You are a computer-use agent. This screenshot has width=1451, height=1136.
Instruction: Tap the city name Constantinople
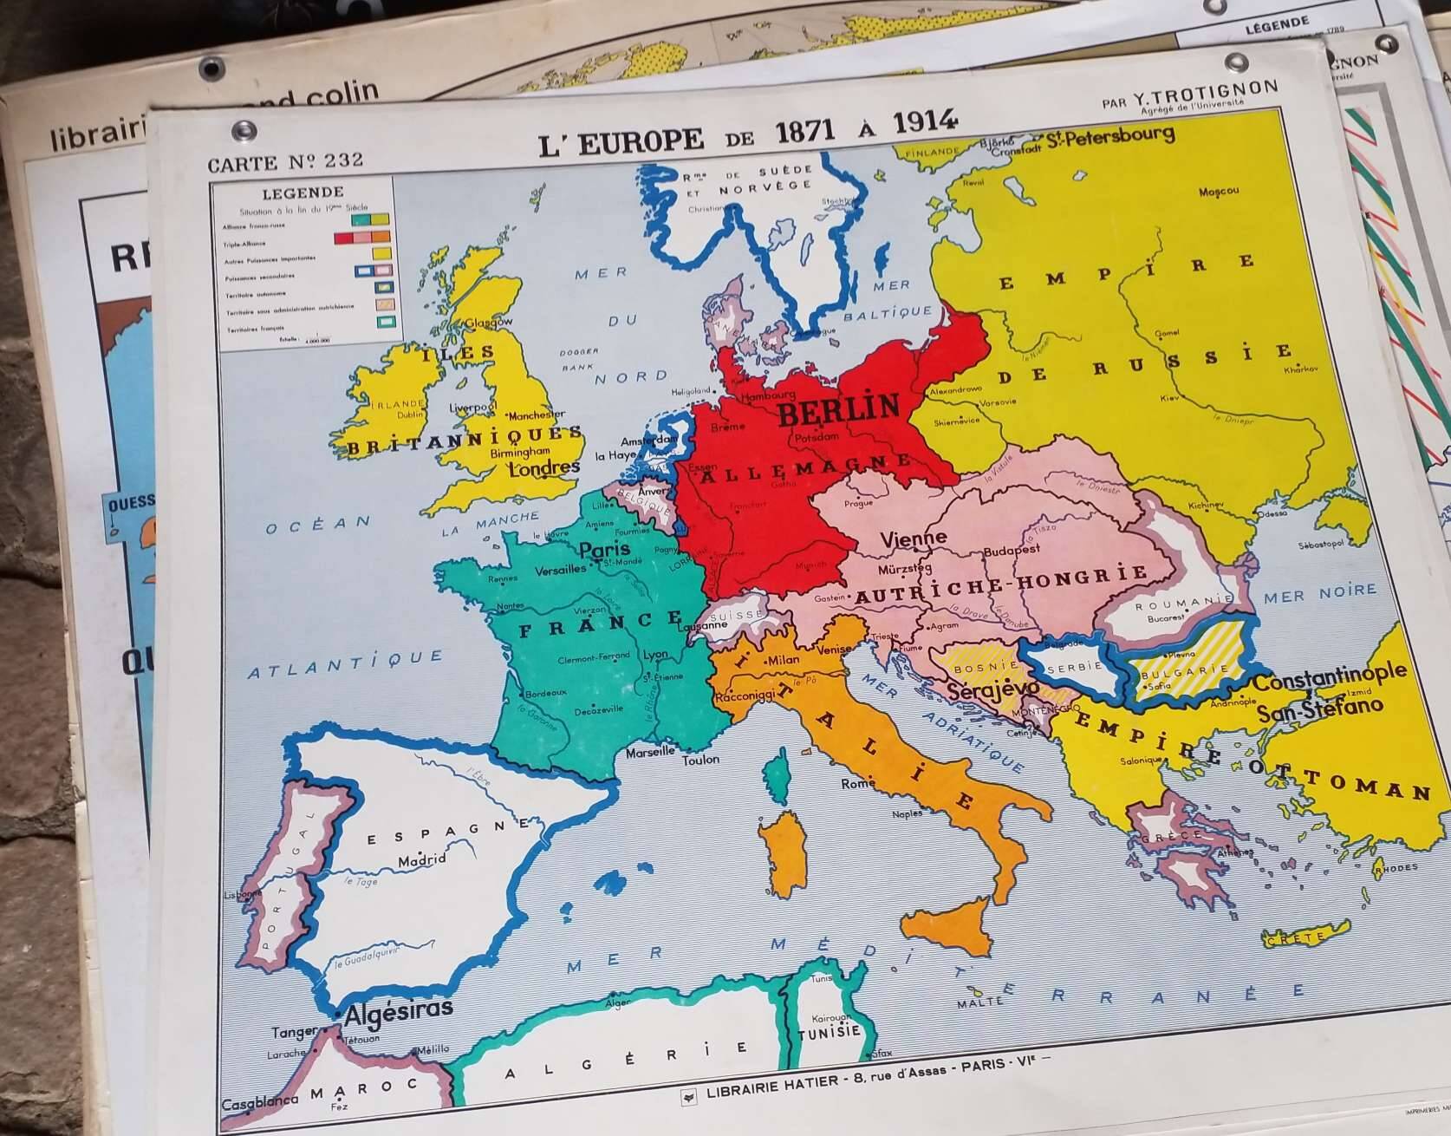coord(1330,677)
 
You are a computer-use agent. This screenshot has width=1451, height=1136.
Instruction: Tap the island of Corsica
coord(778,778)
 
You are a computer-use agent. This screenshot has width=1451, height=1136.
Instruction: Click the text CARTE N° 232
coord(285,161)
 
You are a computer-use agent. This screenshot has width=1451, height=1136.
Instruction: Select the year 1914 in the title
coord(924,122)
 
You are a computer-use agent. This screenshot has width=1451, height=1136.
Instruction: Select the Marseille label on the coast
coord(650,752)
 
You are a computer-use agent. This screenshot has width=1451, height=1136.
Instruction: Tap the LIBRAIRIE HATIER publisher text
coord(771,1083)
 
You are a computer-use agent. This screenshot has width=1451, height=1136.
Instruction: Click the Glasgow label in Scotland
coord(490,323)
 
